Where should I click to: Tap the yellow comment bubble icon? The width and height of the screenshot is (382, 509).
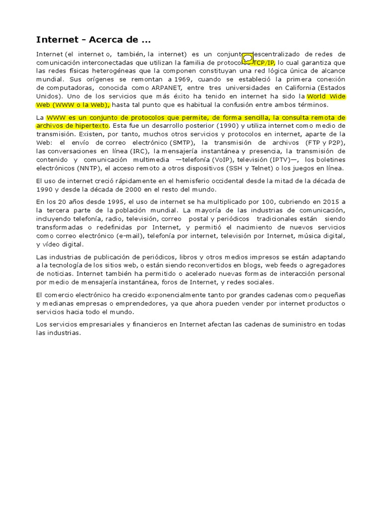(247, 59)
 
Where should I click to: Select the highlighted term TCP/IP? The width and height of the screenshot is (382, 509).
(264, 63)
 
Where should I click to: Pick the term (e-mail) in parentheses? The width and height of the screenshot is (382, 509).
(129, 236)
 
